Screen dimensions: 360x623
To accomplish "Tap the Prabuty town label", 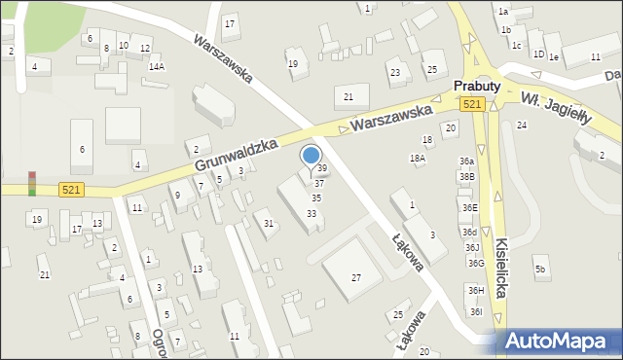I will point(477,87).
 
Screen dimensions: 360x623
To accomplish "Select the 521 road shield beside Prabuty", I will point(472,104).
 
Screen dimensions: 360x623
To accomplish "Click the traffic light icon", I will point(31,183).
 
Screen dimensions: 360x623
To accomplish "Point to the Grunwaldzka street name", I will point(237,156).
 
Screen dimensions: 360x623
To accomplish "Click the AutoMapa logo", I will point(562,341).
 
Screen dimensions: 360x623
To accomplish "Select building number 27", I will point(356,278).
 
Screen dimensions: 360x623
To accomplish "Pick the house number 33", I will point(311,214).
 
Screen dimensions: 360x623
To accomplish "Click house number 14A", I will point(157,66).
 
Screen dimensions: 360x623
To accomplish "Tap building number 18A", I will point(418,159).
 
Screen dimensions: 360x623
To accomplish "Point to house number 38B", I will point(468,176).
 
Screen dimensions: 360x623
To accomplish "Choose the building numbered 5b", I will point(540,269).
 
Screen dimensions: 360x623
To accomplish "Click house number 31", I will point(269,224).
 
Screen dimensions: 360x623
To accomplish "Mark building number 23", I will point(395,72).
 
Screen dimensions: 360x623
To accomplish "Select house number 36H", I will point(475,290).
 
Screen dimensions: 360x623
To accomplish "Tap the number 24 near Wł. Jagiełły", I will point(522,126).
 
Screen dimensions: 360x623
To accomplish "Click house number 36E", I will point(470,207).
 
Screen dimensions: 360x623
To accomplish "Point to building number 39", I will point(322,168).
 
